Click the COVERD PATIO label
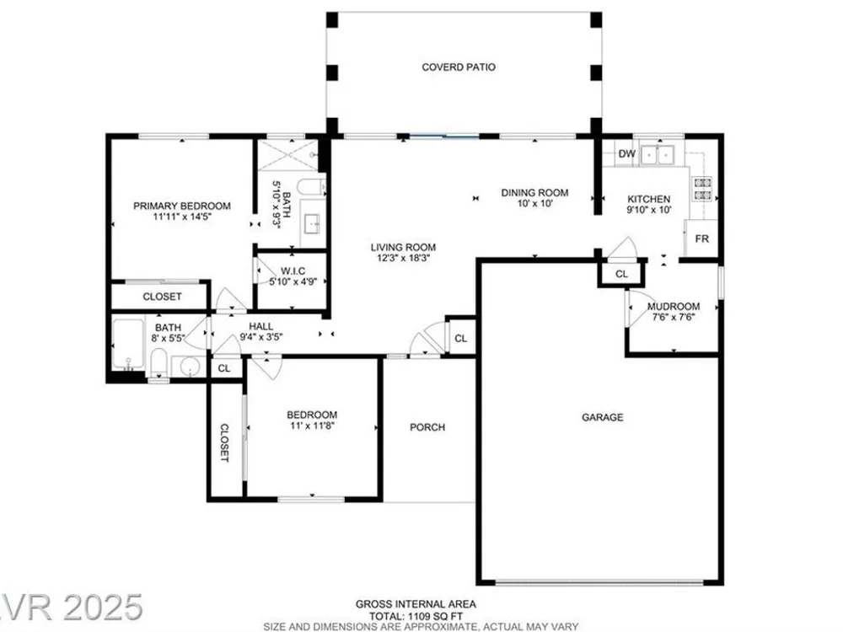point(459,67)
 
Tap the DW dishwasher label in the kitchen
point(626,153)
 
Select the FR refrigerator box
point(701,238)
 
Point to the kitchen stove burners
point(703,189)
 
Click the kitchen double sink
point(658,155)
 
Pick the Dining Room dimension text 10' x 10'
point(535,203)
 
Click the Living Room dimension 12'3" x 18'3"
point(403,257)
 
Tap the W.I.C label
point(293,270)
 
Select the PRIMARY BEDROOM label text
point(182,206)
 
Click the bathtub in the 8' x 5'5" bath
point(128,344)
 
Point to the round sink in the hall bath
point(190,367)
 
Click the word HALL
point(260,326)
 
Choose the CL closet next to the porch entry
point(461,338)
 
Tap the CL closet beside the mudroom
point(621,274)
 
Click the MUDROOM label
point(674,307)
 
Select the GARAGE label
point(603,417)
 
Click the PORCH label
point(427,427)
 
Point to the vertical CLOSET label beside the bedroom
point(225,443)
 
